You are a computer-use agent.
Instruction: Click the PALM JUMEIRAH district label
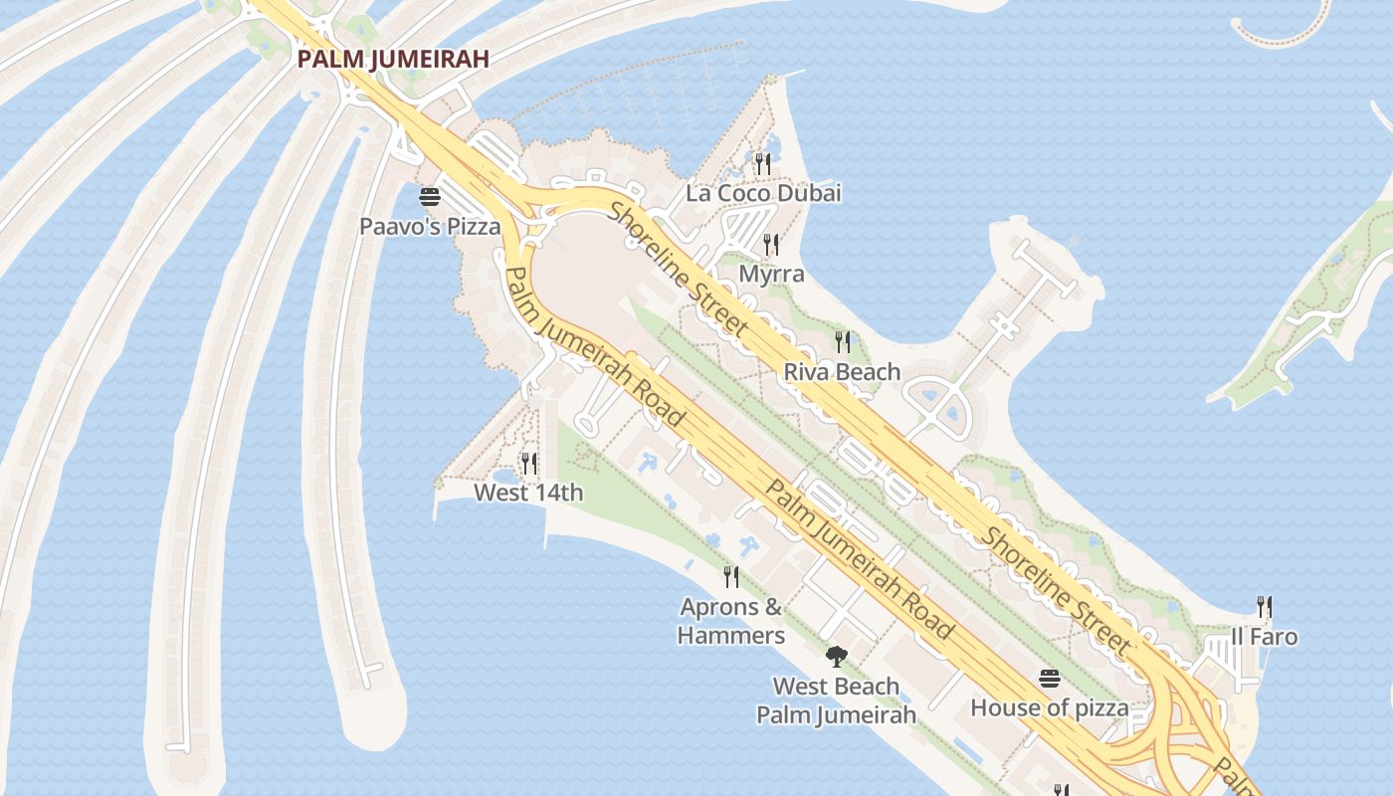click(393, 59)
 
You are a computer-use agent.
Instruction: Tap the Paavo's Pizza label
click(430, 227)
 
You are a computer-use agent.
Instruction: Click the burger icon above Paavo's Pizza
click(430, 196)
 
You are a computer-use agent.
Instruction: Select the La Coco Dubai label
click(763, 193)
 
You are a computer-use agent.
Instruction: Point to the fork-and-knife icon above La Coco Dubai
click(763, 163)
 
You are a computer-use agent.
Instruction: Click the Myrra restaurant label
click(771, 274)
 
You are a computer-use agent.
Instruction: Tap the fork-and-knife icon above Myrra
click(771, 244)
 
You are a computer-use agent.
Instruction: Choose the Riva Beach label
click(842, 372)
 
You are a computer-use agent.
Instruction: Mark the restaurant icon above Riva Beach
click(843, 342)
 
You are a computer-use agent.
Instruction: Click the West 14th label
click(528, 493)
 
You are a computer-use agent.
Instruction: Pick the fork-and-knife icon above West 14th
click(529, 463)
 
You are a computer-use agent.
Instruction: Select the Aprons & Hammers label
click(731, 621)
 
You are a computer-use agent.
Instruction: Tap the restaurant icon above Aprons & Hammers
click(731, 576)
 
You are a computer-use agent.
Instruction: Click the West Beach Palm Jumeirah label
click(836, 700)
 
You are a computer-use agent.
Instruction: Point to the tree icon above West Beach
click(836, 656)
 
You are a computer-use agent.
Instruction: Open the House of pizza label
click(1050, 708)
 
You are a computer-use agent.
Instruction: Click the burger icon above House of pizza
click(1050, 680)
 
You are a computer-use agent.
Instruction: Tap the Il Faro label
click(1264, 637)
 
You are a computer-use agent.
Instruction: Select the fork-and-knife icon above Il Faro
click(1265, 606)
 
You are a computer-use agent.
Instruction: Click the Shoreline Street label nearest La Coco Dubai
click(679, 268)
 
